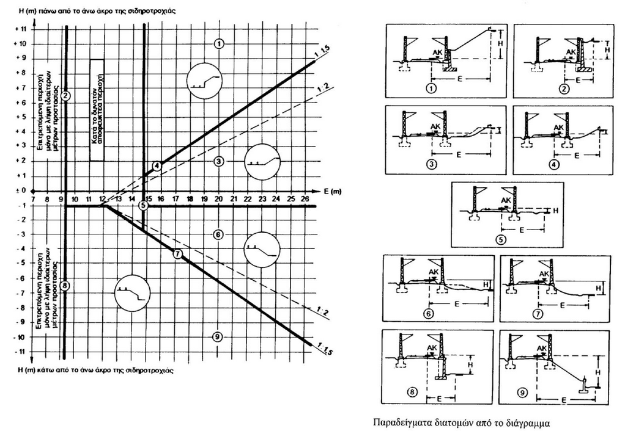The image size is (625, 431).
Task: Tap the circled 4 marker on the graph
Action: pos(157,165)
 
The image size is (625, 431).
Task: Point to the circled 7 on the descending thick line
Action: pos(177,254)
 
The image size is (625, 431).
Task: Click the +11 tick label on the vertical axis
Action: pos(23,29)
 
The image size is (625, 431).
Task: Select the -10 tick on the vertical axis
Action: pos(23,337)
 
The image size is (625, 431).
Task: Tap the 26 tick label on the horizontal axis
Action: pos(306,199)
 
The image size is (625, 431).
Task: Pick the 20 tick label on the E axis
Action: pos(219,199)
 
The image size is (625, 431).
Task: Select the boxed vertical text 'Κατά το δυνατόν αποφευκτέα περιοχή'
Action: pos(97,110)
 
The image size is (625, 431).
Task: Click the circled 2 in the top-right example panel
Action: pos(564,89)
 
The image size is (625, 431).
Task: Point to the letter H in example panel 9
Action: pos(599,372)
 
